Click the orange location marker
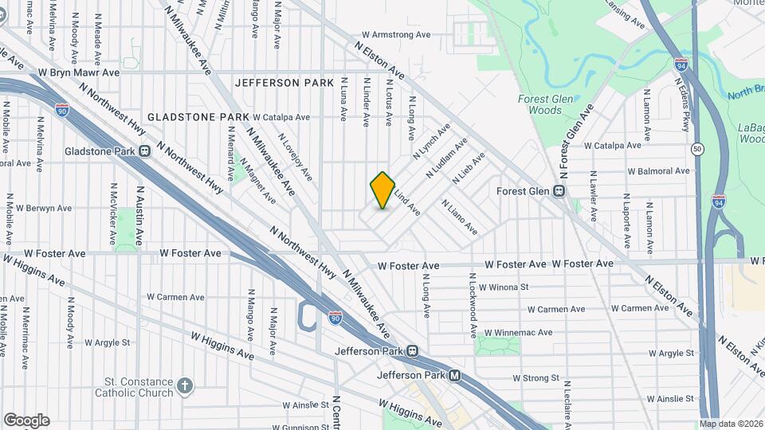pyautogui.click(x=382, y=190)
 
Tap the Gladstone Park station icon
pyautogui.click(x=144, y=151)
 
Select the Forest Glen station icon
pyautogui.click(x=559, y=191)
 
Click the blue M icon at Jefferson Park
pyautogui.click(x=453, y=376)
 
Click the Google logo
pyautogui.click(x=26, y=420)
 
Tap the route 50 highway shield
pyautogui.click(x=697, y=149)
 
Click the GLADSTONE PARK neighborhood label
pyautogui.click(x=198, y=117)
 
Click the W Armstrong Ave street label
pyautogui.click(x=395, y=35)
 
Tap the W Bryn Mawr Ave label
pyautogui.click(x=78, y=72)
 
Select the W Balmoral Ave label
pyautogui.click(x=657, y=171)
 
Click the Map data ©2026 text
pyautogui.click(x=731, y=424)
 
